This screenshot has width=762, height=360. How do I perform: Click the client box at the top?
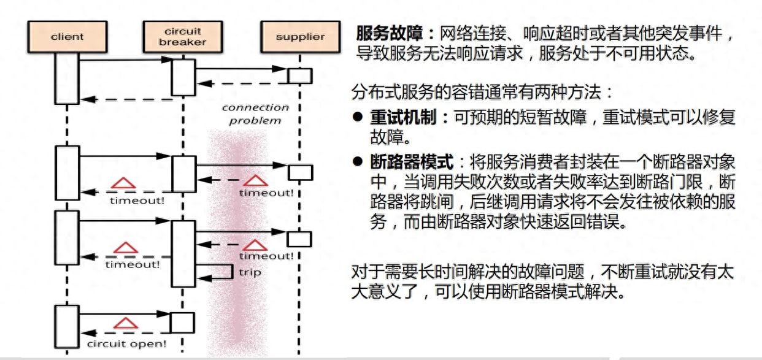(67, 37)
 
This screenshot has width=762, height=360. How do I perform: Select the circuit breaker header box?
(183, 37)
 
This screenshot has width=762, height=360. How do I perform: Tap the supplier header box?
(301, 37)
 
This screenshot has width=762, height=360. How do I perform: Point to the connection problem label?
(255, 114)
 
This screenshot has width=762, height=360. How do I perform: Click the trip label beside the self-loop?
(250, 272)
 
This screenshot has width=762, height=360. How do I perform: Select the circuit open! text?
(127, 343)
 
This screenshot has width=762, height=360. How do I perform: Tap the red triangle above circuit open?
(126, 323)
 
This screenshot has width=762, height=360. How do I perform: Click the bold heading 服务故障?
(389, 33)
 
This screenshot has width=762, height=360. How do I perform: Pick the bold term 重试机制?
(404, 117)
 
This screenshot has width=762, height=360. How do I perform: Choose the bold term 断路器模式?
(412, 161)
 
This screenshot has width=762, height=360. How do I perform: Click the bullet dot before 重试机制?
(358, 117)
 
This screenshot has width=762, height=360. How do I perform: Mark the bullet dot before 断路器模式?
(358, 161)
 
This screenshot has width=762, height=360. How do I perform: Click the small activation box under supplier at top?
(300, 76)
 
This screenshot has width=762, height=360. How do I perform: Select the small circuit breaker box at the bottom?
(182, 323)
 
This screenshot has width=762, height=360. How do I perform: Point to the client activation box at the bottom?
(67, 327)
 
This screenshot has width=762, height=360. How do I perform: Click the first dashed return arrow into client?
(126, 99)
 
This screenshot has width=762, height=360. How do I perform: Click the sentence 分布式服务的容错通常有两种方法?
(476, 92)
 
